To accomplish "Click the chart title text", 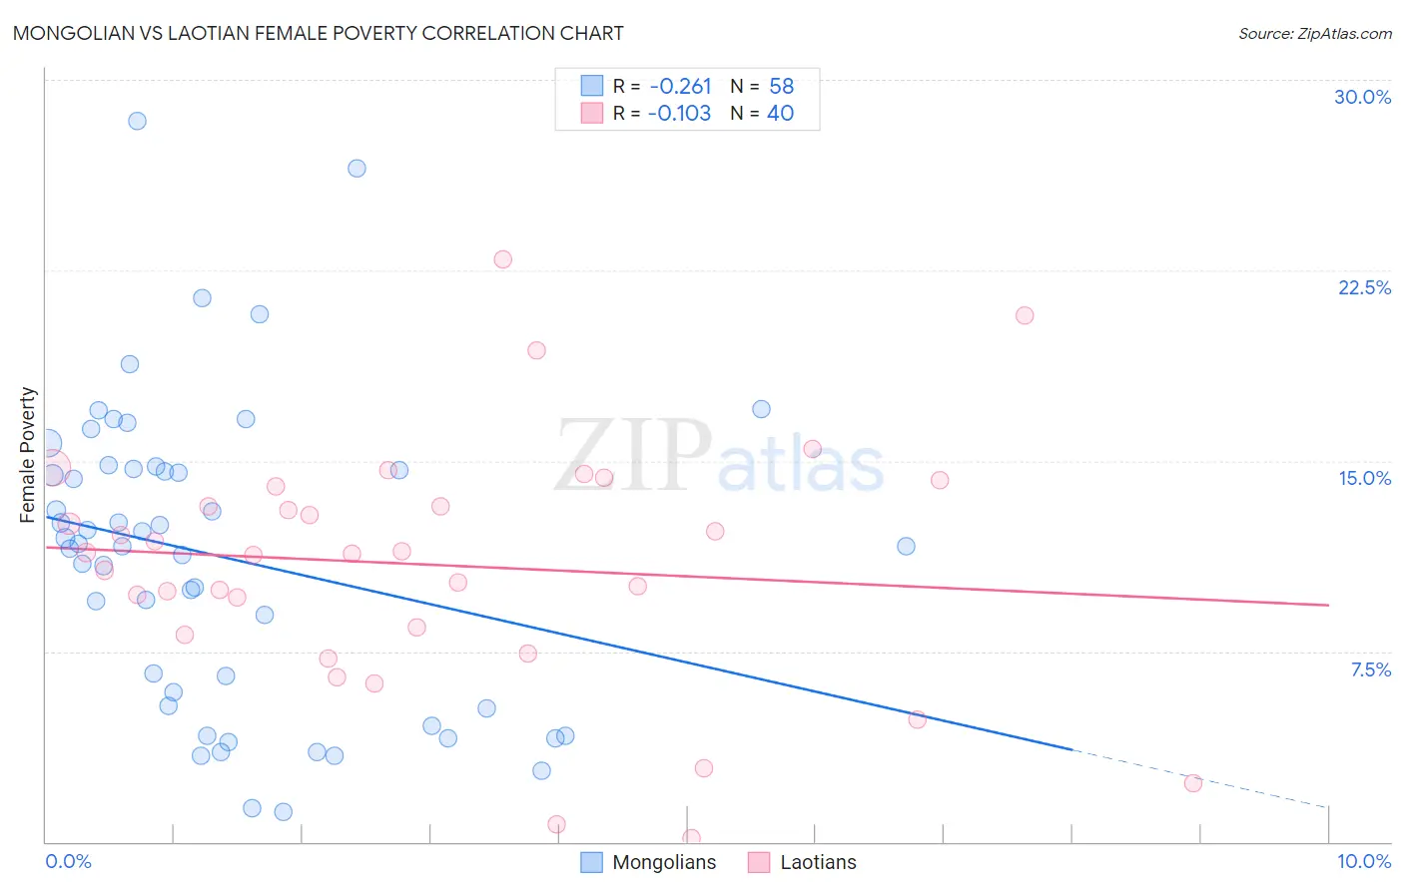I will click(x=318, y=33).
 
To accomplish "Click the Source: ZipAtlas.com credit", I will click(x=1314, y=34).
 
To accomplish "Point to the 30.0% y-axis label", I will click(x=1362, y=97).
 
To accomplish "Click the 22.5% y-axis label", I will click(x=1364, y=287).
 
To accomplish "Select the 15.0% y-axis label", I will click(x=1364, y=478).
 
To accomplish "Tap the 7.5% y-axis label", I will click(x=1370, y=669).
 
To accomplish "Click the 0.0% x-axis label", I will click(x=68, y=861).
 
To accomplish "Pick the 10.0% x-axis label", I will click(x=1363, y=861).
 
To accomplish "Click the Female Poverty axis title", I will click(x=28, y=455).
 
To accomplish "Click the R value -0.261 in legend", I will click(x=679, y=87).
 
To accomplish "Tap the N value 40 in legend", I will click(x=780, y=114).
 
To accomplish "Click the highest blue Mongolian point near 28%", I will click(x=137, y=121).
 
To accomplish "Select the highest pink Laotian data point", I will click(x=502, y=259).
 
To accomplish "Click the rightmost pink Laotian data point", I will click(x=1192, y=783).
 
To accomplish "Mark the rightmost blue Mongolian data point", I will click(x=906, y=546).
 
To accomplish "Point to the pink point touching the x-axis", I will click(x=691, y=838).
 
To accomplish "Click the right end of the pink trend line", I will click(x=1327, y=605).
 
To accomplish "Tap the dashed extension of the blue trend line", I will click(x=1198, y=777).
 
